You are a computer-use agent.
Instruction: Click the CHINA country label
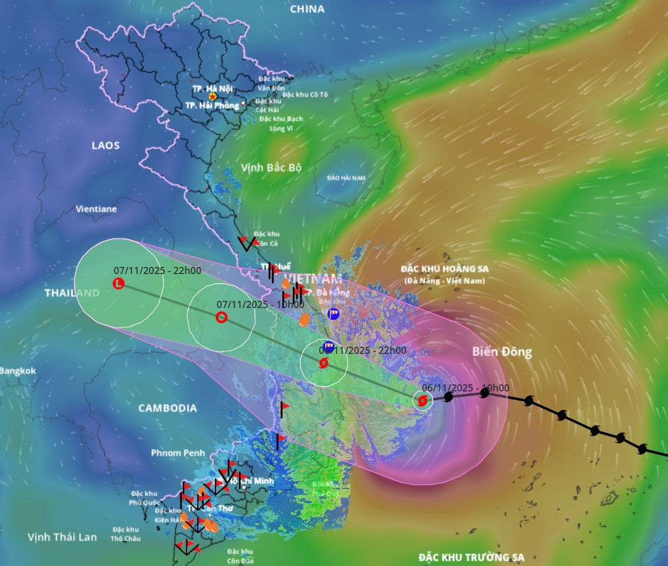pyautogui.click(x=307, y=9)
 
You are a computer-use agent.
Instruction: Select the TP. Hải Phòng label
pyautogui.click(x=212, y=105)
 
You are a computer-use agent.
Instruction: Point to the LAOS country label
pyautogui.click(x=105, y=145)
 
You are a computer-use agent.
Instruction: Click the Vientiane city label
pyautogui.click(x=97, y=209)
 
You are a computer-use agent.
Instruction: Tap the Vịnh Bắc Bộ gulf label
pyautogui.click(x=271, y=167)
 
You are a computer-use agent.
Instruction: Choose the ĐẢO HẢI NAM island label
pyautogui.click(x=347, y=178)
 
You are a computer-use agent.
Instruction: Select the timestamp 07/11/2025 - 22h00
pyautogui.click(x=157, y=270)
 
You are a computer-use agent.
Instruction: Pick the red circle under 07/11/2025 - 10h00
pyautogui.click(x=221, y=317)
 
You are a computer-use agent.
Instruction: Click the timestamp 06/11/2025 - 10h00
pyautogui.click(x=465, y=388)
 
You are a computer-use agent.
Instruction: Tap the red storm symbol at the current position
pyautogui.click(x=422, y=400)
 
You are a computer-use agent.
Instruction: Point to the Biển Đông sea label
pyautogui.click(x=502, y=352)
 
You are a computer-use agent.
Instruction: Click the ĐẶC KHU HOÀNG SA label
pyautogui.click(x=445, y=269)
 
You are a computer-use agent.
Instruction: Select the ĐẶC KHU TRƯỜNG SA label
pyautogui.click(x=471, y=558)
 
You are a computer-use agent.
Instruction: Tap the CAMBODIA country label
pyautogui.click(x=167, y=408)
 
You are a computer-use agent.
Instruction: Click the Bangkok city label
pyautogui.click(x=18, y=371)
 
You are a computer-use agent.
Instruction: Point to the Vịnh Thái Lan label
pyautogui.click(x=62, y=537)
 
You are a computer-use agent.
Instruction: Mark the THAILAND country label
pyautogui.click(x=72, y=293)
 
